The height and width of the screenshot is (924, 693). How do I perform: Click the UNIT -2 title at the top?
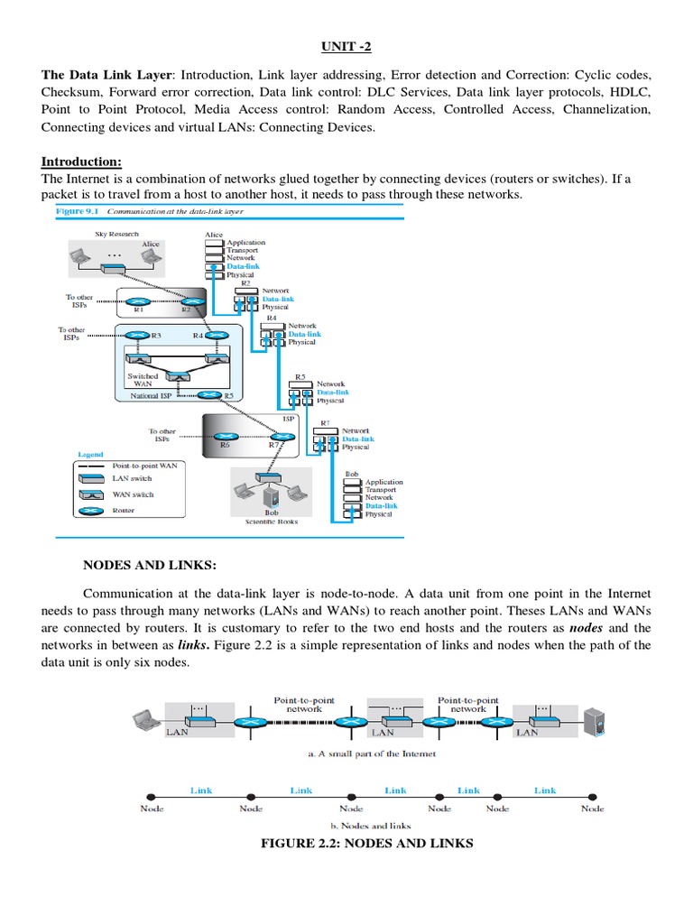pos(346,46)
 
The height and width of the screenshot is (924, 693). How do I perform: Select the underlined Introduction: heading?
pos(81,162)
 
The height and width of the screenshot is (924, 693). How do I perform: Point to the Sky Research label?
pos(116,234)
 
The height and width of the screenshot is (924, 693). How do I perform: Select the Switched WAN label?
pos(143,379)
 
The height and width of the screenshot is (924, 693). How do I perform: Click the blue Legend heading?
pos(90,455)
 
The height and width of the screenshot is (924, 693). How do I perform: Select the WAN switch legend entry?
pos(133,494)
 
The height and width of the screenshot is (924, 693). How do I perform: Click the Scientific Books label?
pos(272,521)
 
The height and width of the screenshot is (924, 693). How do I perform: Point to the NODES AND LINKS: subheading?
pos(150,566)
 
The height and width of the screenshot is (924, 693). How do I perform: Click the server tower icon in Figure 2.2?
pos(593,721)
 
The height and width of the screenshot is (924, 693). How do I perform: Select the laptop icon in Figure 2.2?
pos(144,720)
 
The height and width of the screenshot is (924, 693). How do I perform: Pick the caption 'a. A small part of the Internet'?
pos(366,753)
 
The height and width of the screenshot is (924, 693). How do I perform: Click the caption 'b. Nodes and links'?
pos(366,825)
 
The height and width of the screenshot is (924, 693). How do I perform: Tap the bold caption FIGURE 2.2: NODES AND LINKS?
pos(366,843)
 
